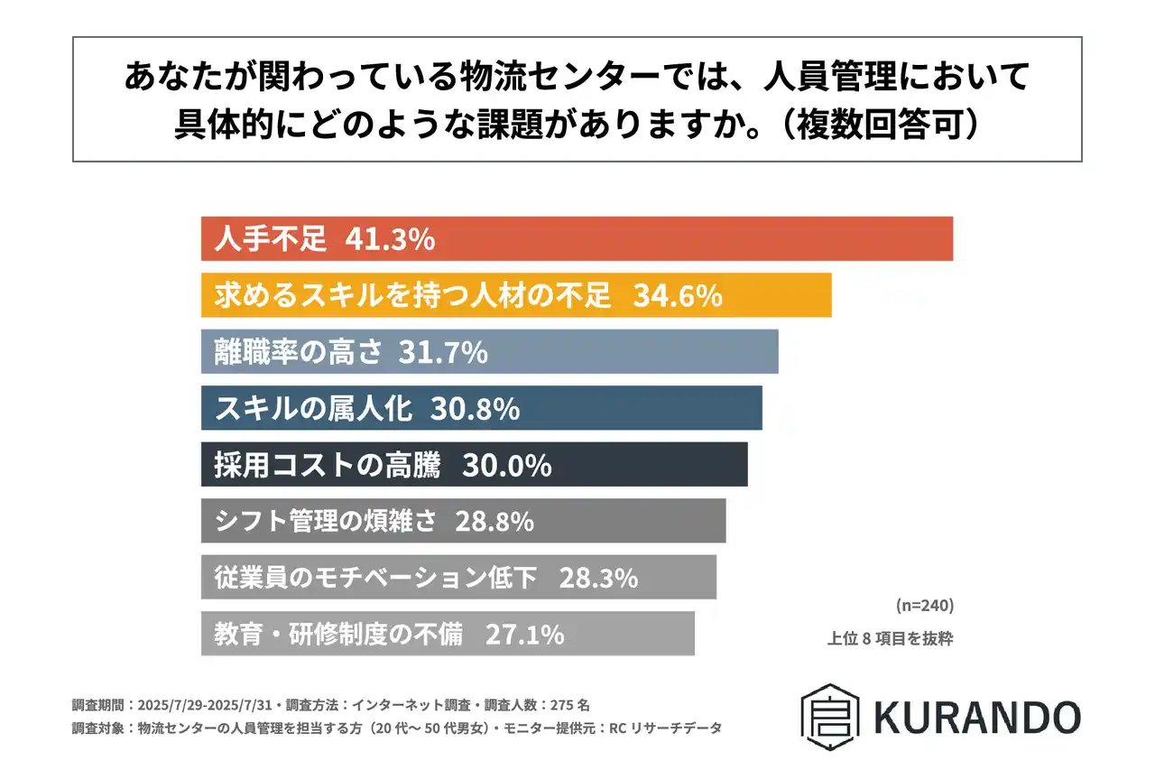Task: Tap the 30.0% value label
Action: pyautogui.click(x=506, y=466)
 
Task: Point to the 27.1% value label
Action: pyautogui.click(x=525, y=635)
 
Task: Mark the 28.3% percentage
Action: pyautogui.click(x=598, y=578)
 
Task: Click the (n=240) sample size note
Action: pyautogui.click(x=924, y=604)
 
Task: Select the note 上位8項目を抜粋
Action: pyautogui.click(x=890, y=639)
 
